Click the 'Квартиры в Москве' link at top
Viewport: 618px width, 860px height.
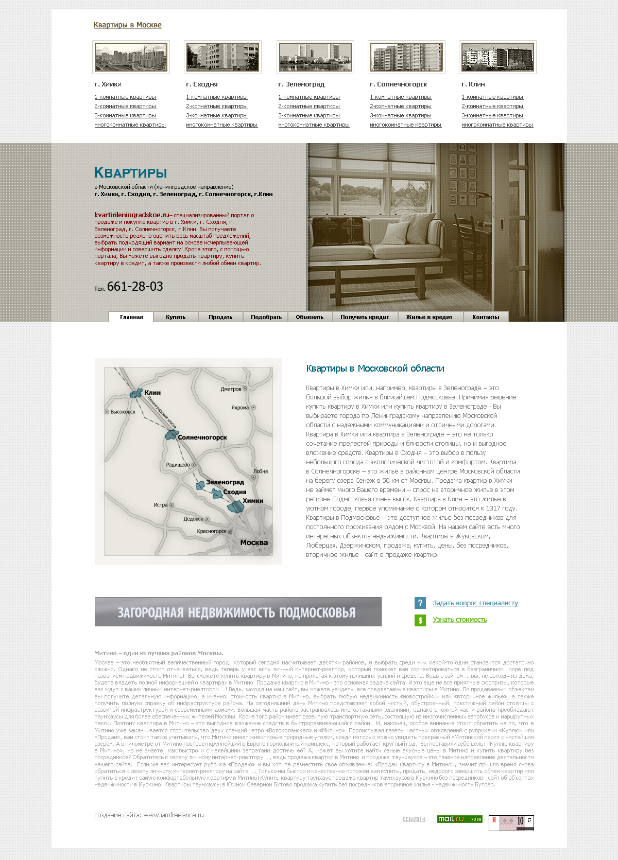(x=127, y=25)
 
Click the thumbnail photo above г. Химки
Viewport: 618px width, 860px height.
(x=131, y=57)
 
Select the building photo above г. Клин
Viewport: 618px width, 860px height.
(x=497, y=57)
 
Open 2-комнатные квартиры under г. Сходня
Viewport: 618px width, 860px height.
(x=217, y=107)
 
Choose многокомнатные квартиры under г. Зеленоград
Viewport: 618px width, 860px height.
(x=314, y=125)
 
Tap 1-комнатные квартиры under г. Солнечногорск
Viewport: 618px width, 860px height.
(x=401, y=97)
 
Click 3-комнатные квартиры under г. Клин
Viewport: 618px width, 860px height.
(x=492, y=116)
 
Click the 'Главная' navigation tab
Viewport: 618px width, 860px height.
(x=131, y=317)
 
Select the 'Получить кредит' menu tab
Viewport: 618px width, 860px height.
(x=365, y=317)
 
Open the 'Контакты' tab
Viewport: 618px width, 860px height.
(x=486, y=317)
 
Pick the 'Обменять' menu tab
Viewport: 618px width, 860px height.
(x=310, y=317)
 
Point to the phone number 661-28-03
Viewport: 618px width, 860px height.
(x=135, y=287)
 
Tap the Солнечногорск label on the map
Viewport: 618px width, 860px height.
(x=202, y=437)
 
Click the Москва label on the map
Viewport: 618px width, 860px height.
(x=254, y=542)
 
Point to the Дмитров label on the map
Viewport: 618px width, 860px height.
(x=231, y=389)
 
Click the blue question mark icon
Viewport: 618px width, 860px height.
(x=420, y=603)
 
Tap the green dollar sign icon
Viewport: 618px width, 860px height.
(x=420, y=620)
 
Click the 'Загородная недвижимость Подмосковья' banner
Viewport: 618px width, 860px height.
(x=238, y=612)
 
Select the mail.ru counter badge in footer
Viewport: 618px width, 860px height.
(x=459, y=819)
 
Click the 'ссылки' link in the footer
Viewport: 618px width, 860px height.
(x=414, y=819)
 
